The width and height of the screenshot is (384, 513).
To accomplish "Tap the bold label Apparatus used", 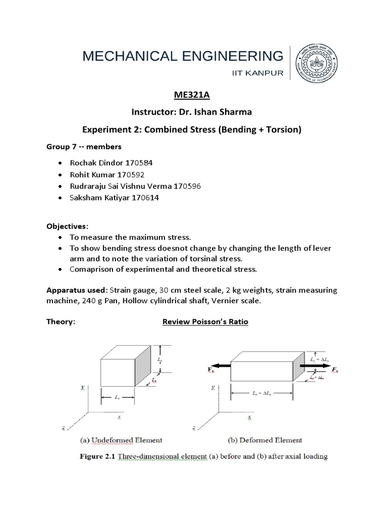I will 77,291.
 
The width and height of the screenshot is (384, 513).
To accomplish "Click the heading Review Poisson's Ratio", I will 205,322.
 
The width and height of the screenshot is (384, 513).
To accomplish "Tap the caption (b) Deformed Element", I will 258,440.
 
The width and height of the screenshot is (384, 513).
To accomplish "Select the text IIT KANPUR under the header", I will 257,73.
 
